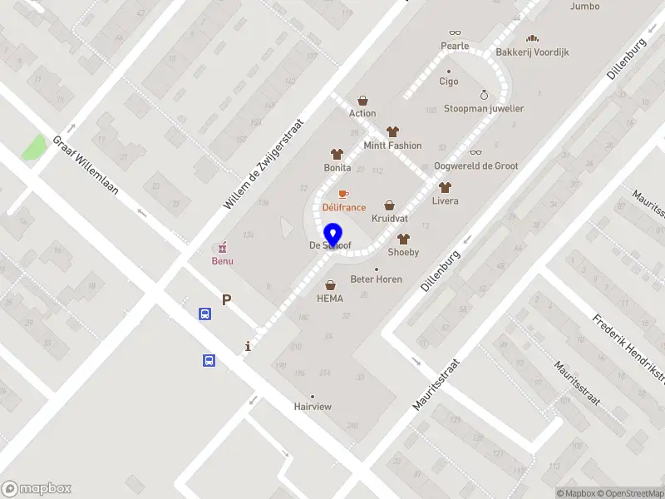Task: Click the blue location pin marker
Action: (x=333, y=235)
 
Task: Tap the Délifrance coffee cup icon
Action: (x=343, y=194)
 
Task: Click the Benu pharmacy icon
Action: (x=221, y=248)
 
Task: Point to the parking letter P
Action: (x=226, y=300)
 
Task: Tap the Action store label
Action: (x=362, y=113)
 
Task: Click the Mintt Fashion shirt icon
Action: (x=392, y=132)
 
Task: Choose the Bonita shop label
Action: (x=337, y=167)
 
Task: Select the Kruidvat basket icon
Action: (x=389, y=205)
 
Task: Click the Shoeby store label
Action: (x=403, y=252)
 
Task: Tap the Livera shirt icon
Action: (x=445, y=187)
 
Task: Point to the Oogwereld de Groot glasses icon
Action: (x=475, y=152)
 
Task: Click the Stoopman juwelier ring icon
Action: (x=484, y=95)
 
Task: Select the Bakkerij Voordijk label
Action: (x=532, y=52)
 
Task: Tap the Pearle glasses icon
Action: (x=455, y=32)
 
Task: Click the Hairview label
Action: (x=313, y=407)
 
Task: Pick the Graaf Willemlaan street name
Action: (x=86, y=166)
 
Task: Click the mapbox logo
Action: (x=37, y=489)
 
